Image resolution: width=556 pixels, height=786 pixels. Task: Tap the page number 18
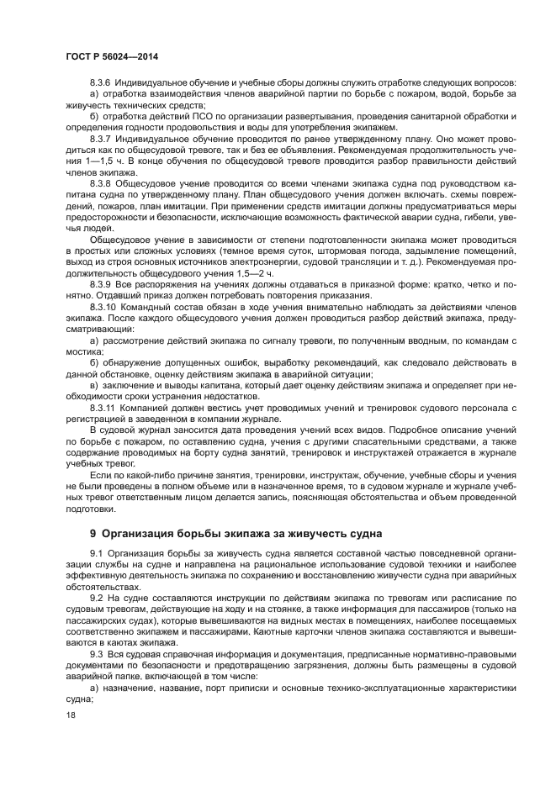click(70, 715)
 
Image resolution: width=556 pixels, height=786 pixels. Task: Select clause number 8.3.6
click(102, 82)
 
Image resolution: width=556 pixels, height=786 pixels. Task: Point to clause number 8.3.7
click(102, 136)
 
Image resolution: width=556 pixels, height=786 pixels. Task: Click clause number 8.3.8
click(102, 181)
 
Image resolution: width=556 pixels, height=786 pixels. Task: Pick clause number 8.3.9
click(102, 286)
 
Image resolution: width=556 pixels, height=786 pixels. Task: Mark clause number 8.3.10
click(104, 308)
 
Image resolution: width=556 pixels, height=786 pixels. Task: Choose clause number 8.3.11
click(104, 406)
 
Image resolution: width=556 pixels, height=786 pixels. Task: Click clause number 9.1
click(95, 552)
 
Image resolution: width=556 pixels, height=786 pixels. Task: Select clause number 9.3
click(95, 652)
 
